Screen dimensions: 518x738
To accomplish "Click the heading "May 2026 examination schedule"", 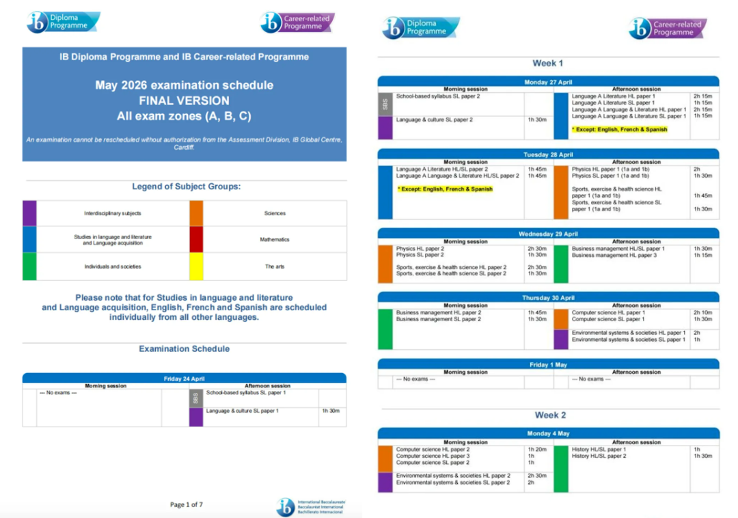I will (x=184, y=85).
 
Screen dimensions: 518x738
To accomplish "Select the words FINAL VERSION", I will (x=184, y=101).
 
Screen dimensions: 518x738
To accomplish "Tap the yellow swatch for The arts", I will (x=196, y=267).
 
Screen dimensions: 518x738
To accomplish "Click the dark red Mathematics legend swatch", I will (x=196, y=240).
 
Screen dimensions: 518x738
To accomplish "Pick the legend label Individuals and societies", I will (x=113, y=267).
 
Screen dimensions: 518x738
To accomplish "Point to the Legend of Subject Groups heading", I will (x=186, y=187).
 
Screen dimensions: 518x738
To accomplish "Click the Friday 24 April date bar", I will (x=184, y=379).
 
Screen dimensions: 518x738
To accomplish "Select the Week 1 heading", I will (x=548, y=63).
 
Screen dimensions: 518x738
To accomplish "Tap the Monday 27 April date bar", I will (x=548, y=82).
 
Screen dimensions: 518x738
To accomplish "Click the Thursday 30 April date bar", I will (x=548, y=298).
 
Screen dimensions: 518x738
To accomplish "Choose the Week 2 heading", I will (x=550, y=415).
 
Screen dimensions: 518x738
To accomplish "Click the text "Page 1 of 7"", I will (x=187, y=504).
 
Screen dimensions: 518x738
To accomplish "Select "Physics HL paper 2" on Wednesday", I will (x=420, y=249).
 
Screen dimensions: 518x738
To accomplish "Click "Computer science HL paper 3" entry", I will (x=433, y=456).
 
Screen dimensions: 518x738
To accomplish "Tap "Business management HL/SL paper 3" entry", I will (x=614, y=255).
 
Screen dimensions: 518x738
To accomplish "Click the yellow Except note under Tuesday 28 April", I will (x=445, y=189).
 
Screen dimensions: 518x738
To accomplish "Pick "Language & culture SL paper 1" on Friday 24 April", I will (x=242, y=411).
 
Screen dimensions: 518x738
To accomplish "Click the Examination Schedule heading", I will (x=184, y=349).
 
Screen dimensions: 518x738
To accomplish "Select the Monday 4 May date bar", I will (x=548, y=433).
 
